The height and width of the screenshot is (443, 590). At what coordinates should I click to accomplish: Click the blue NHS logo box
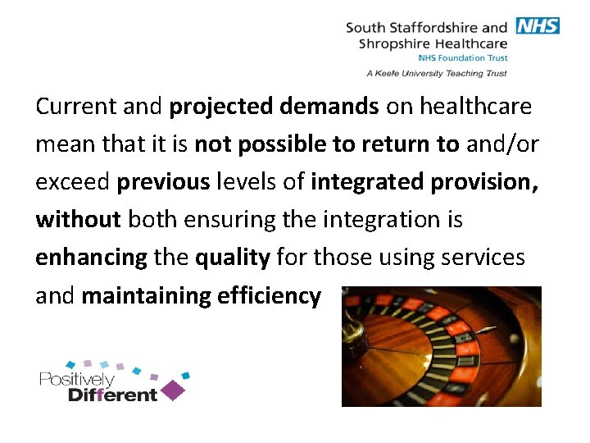[538, 25]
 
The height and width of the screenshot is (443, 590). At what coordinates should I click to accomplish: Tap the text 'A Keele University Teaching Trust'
[437, 73]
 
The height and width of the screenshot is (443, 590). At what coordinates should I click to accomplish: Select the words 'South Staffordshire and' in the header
[427, 27]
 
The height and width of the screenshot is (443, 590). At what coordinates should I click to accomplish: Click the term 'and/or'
[502, 144]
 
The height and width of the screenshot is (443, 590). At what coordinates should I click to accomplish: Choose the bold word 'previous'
[163, 182]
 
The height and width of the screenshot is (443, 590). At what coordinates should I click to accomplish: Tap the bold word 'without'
[79, 220]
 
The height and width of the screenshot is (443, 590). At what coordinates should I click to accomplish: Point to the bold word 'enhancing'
[90, 258]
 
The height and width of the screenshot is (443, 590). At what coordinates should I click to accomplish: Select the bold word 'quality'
[232, 258]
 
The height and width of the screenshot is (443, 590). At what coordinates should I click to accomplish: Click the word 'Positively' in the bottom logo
[76, 380]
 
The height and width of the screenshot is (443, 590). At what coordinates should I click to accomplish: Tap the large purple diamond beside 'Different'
[172, 390]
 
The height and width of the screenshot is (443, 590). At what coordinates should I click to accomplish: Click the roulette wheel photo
[441, 346]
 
